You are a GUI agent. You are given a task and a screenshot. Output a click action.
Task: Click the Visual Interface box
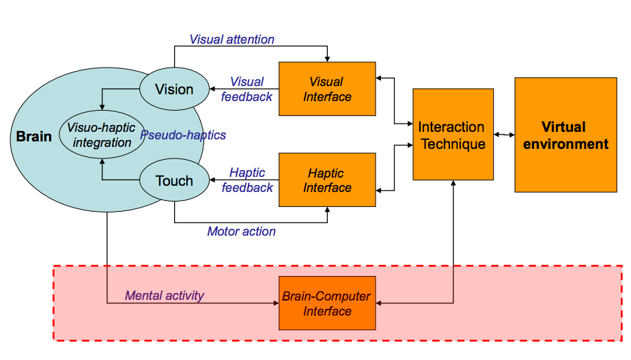click(x=327, y=89)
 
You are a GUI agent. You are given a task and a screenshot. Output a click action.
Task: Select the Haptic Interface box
click(x=327, y=180)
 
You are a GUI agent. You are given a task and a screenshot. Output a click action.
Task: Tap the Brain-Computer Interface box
click(x=327, y=303)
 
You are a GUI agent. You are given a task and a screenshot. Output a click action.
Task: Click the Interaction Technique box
click(x=452, y=135)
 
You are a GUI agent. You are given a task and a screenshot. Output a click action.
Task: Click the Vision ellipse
click(x=174, y=89)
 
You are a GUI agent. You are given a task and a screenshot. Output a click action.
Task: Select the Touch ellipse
click(x=174, y=180)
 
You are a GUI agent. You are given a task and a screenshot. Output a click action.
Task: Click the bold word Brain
click(x=34, y=137)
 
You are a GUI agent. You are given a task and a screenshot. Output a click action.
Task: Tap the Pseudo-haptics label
click(x=183, y=135)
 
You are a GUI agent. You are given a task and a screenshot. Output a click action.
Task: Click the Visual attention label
click(x=232, y=40)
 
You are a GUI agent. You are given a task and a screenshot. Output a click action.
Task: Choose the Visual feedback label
click(x=247, y=89)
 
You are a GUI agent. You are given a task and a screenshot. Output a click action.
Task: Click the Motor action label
click(x=242, y=232)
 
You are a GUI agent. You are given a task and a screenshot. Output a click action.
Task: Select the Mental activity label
click(x=165, y=296)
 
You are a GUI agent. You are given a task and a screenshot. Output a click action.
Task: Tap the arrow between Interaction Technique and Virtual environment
click(x=504, y=135)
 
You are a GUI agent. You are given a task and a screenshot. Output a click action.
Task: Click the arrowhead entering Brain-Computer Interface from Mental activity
click(x=275, y=303)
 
